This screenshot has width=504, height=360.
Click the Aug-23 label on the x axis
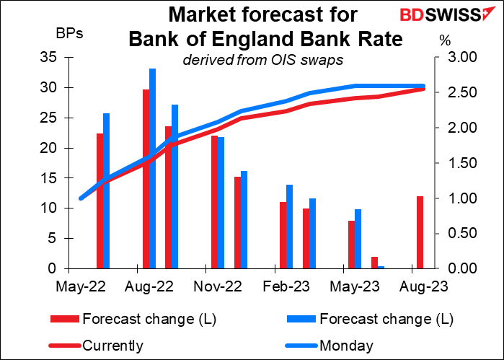pyautogui.click(x=422, y=286)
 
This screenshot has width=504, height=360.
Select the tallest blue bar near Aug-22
pyautogui.click(x=153, y=168)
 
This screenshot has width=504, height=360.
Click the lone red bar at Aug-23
pyautogui.click(x=419, y=232)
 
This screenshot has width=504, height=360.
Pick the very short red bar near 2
pyautogui.click(x=373, y=262)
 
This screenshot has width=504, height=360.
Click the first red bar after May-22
pyautogui.click(x=100, y=201)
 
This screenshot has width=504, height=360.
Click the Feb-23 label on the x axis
pyautogui.click(x=286, y=286)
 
